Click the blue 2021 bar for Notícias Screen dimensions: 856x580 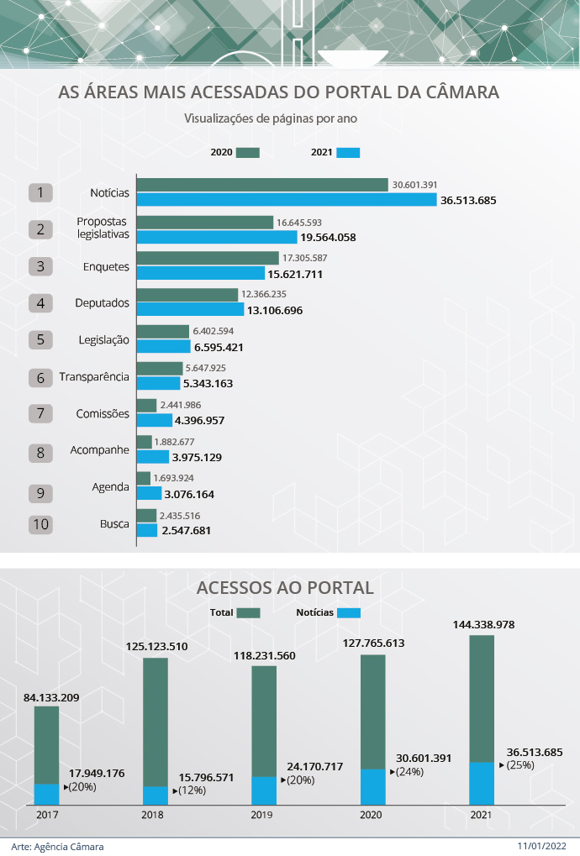(x=286, y=200)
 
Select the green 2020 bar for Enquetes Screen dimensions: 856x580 (x=207, y=258)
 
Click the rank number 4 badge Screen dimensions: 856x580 (x=40, y=302)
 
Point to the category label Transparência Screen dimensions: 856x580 (x=94, y=376)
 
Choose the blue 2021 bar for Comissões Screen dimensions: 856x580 (x=154, y=420)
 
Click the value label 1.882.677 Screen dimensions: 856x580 (x=174, y=442)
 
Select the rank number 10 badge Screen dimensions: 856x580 (x=40, y=524)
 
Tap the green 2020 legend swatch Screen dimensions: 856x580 (x=248, y=153)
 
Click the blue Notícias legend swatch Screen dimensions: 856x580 (x=349, y=613)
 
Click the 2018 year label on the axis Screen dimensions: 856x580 (x=153, y=815)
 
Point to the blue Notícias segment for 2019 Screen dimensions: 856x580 (x=264, y=790)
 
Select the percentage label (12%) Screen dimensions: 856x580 (x=191, y=790)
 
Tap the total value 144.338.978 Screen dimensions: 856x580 (x=483, y=625)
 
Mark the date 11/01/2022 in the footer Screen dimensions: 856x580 (x=543, y=846)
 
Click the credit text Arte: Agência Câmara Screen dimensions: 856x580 (x=58, y=846)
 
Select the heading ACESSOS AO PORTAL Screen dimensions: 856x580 (x=285, y=586)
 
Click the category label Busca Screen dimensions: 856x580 (x=114, y=523)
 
